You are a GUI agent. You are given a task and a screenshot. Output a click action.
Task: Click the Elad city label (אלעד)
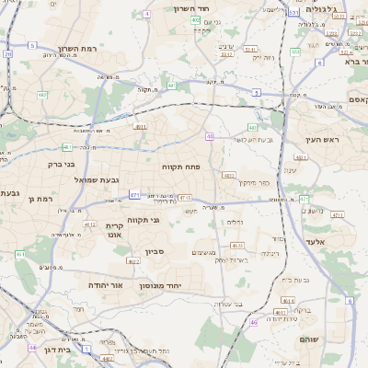point(341,240)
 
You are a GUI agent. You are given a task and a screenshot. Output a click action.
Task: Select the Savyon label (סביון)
point(153,250)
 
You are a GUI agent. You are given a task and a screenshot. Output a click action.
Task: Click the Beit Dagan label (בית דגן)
point(57,351)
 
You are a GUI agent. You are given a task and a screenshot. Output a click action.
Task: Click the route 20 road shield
point(8,54)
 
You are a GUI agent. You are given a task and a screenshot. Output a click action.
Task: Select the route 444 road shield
point(295,52)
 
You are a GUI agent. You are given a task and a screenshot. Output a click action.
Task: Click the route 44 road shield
point(32,348)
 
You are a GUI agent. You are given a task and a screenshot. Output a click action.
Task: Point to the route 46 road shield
point(254,322)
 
